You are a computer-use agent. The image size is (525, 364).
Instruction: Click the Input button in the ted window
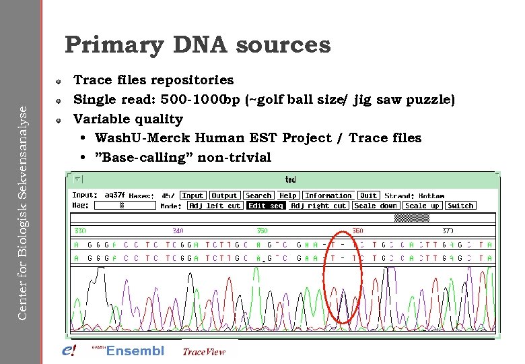coord(193,195)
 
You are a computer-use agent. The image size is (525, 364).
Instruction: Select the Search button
coord(258,195)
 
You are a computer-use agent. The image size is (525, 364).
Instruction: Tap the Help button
coord(288,195)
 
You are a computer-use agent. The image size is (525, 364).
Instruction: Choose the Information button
coord(328,195)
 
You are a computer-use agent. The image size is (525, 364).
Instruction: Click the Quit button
coord(368,195)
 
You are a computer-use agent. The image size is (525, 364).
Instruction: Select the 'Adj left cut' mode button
coord(215,206)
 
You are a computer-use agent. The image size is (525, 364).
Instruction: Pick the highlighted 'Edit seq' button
coord(266,206)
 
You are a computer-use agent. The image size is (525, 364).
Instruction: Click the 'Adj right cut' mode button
coord(318,206)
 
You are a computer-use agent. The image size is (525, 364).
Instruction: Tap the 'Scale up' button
coord(422,206)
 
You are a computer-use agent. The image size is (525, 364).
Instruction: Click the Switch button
coord(460,206)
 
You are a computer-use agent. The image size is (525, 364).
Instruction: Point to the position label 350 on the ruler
coord(262,231)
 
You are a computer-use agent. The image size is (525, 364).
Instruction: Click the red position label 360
coord(357,231)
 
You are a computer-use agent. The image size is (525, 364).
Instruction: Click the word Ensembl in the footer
coord(135,351)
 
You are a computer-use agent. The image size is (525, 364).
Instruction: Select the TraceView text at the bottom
coord(204,351)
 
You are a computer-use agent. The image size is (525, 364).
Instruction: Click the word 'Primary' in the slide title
coord(114,45)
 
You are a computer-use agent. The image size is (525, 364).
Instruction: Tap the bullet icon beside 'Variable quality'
coord(59,119)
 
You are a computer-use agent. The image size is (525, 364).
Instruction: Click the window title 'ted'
coord(290,179)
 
